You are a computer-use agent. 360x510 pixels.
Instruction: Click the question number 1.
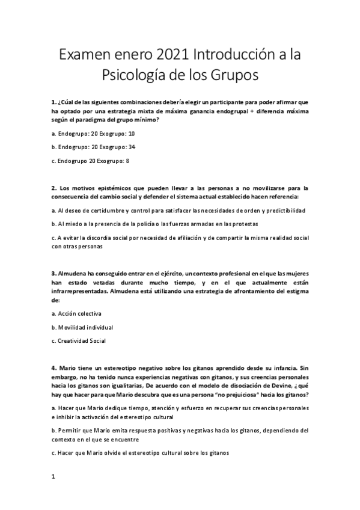click(53, 102)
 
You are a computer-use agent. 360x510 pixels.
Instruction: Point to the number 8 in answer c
click(127, 161)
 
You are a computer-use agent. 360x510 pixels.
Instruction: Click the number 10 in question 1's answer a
click(132, 133)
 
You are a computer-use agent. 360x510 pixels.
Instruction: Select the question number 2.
click(53, 188)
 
